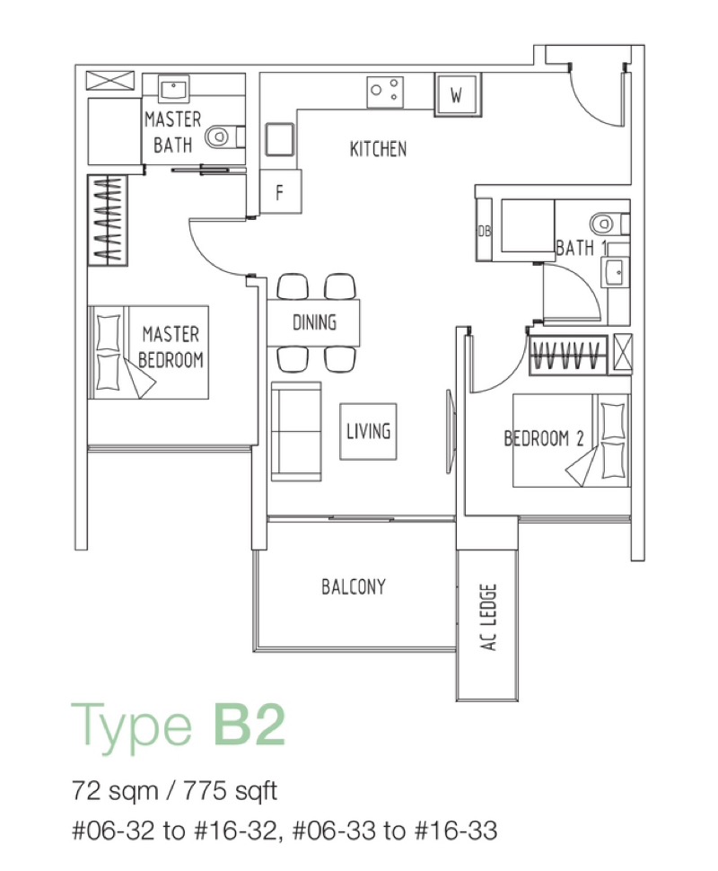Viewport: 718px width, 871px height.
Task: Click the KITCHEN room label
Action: pyautogui.click(x=378, y=149)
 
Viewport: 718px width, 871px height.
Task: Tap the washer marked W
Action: pyautogui.click(x=458, y=95)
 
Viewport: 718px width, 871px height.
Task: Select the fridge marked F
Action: pyautogui.click(x=281, y=192)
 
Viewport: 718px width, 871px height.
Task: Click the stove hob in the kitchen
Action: pyautogui.click(x=385, y=92)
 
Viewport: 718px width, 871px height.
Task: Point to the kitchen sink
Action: pyautogui.click(x=279, y=139)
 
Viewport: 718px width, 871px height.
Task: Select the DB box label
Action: pyautogui.click(x=485, y=231)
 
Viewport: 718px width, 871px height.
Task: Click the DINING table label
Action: pyautogui.click(x=314, y=322)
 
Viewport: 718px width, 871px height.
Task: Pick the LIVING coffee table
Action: pyautogui.click(x=368, y=432)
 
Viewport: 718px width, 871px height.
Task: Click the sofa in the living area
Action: pyautogui.click(x=296, y=432)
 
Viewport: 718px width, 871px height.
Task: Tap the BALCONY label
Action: pyautogui.click(x=354, y=586)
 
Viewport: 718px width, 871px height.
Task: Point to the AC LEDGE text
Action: pyautogui.click(x=488, y=617)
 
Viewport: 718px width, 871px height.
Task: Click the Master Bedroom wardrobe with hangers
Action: pyautogui.click(x=108, y=221)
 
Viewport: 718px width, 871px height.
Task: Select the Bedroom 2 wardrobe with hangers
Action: pyautogui.click(x=569, y=355)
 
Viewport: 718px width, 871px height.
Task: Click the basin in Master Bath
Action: pyautogui.click(x=174, y=90)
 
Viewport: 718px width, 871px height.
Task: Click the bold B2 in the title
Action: pyautogui.click(x=249, y=725)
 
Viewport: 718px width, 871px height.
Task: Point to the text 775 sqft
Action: pyautogui.click(x=230, y=790)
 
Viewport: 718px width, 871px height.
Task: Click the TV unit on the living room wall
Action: pyautogui.click(x=451, y=432)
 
